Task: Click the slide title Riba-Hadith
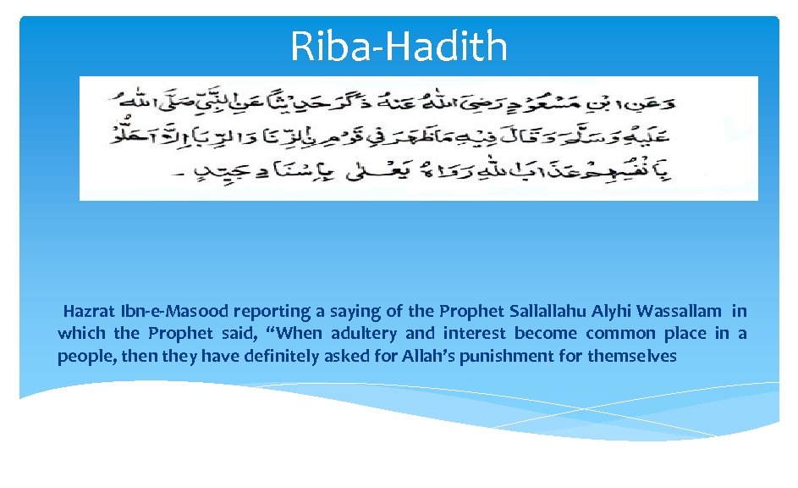(x=399, y=47)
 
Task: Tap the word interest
(x=476, y=333)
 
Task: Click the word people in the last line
(x=82, y=356)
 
